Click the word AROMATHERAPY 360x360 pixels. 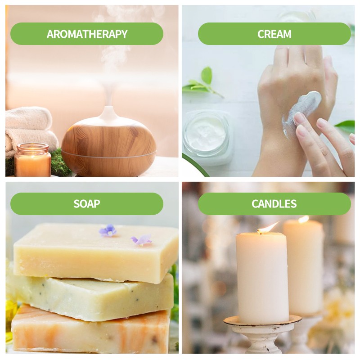[x=87, y=34]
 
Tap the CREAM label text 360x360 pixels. [x=274, y=34]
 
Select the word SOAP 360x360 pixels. [x=87, y=204]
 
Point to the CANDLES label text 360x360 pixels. [x=274, y=204]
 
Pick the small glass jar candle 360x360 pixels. [x=32, y=160]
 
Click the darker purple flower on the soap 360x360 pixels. [x=108, y=230]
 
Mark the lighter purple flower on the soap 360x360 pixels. [x=141, y=240]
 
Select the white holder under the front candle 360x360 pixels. [x=262, y=334]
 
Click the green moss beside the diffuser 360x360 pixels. [x=59, y=163]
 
